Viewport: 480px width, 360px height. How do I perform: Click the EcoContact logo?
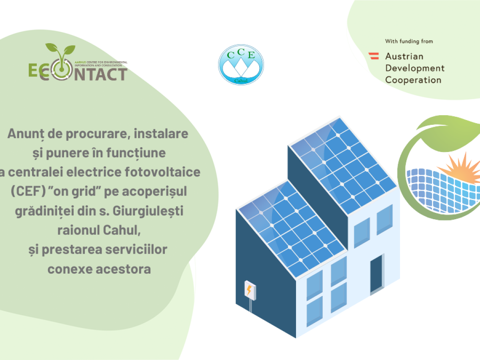point(78,62)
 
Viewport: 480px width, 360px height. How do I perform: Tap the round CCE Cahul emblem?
point(241,65)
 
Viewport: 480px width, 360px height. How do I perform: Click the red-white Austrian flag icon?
point(374,56)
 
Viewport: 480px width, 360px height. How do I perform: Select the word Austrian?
point(404,56)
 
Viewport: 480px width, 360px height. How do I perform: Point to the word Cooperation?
point(413,80)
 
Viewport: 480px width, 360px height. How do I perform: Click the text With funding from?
point(409,41)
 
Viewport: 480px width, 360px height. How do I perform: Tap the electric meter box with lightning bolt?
point(250,291)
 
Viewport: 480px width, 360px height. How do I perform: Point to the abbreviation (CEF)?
point(28,191)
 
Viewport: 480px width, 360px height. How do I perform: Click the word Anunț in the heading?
point(26,134)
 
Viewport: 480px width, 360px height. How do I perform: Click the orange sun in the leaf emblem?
point(462,169)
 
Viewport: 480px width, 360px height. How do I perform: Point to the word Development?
point(415,68)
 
